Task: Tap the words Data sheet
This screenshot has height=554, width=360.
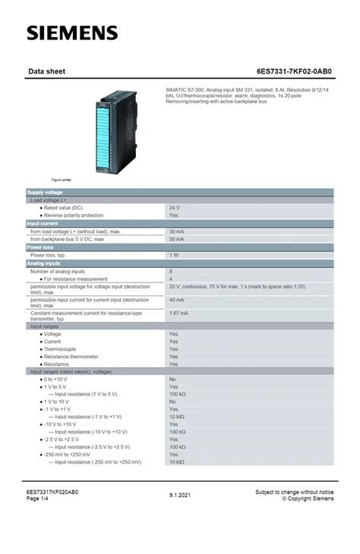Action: click(x=46, y=73)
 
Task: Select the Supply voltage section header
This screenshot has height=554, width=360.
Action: click(x=45, y=193)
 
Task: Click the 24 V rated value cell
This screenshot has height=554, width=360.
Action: click(x=174, y=207)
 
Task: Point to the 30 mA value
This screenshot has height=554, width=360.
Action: click(x=176, y=231)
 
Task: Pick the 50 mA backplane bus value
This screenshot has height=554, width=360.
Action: click(x=176, y=238)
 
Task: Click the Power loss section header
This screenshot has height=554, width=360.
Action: click(x=39, y=247)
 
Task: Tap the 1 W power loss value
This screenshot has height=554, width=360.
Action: click(x=174, y=255)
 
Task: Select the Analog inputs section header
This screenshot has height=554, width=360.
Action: click(x=43, y=263)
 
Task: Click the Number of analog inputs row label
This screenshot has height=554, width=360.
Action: click(x=58, y=271)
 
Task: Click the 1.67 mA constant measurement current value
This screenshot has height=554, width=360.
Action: click(x=178, y=313)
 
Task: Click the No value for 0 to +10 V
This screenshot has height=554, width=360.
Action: click(x=172, y=379)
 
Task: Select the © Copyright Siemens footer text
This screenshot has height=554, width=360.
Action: click(x=308, y=499)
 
